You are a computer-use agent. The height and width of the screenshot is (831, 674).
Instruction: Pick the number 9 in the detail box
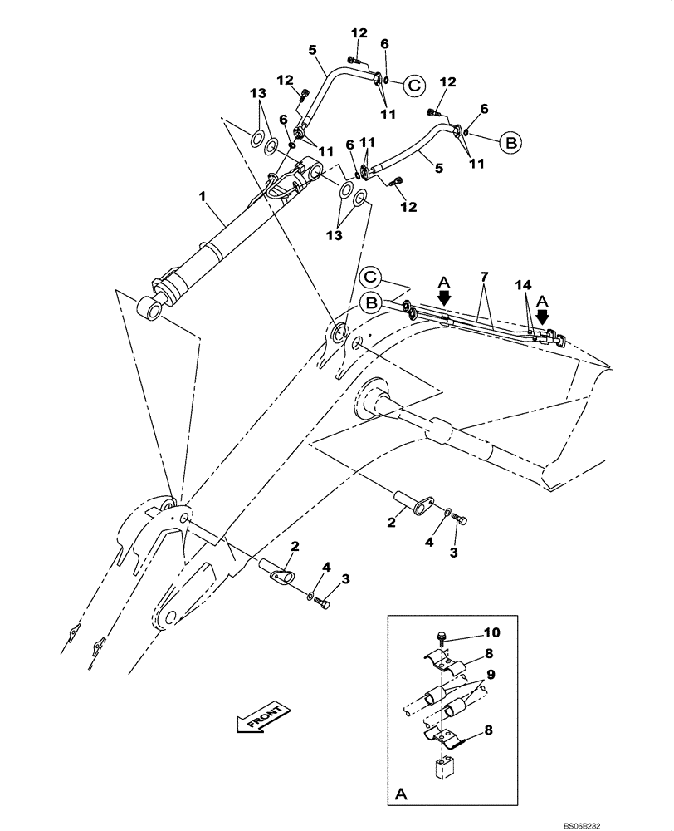click(x=490, y=673)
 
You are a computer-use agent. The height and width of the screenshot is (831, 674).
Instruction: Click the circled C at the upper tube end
click(x=414, y=83)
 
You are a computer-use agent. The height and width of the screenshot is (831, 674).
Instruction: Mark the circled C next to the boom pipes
click(x=370, y=277)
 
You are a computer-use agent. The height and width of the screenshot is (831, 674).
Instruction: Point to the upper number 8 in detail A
click(x=490, y=653)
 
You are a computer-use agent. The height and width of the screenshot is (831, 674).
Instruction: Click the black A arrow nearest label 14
click(x=543, y=316)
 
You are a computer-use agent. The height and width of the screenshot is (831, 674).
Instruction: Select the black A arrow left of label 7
click(x=444, y=294)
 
